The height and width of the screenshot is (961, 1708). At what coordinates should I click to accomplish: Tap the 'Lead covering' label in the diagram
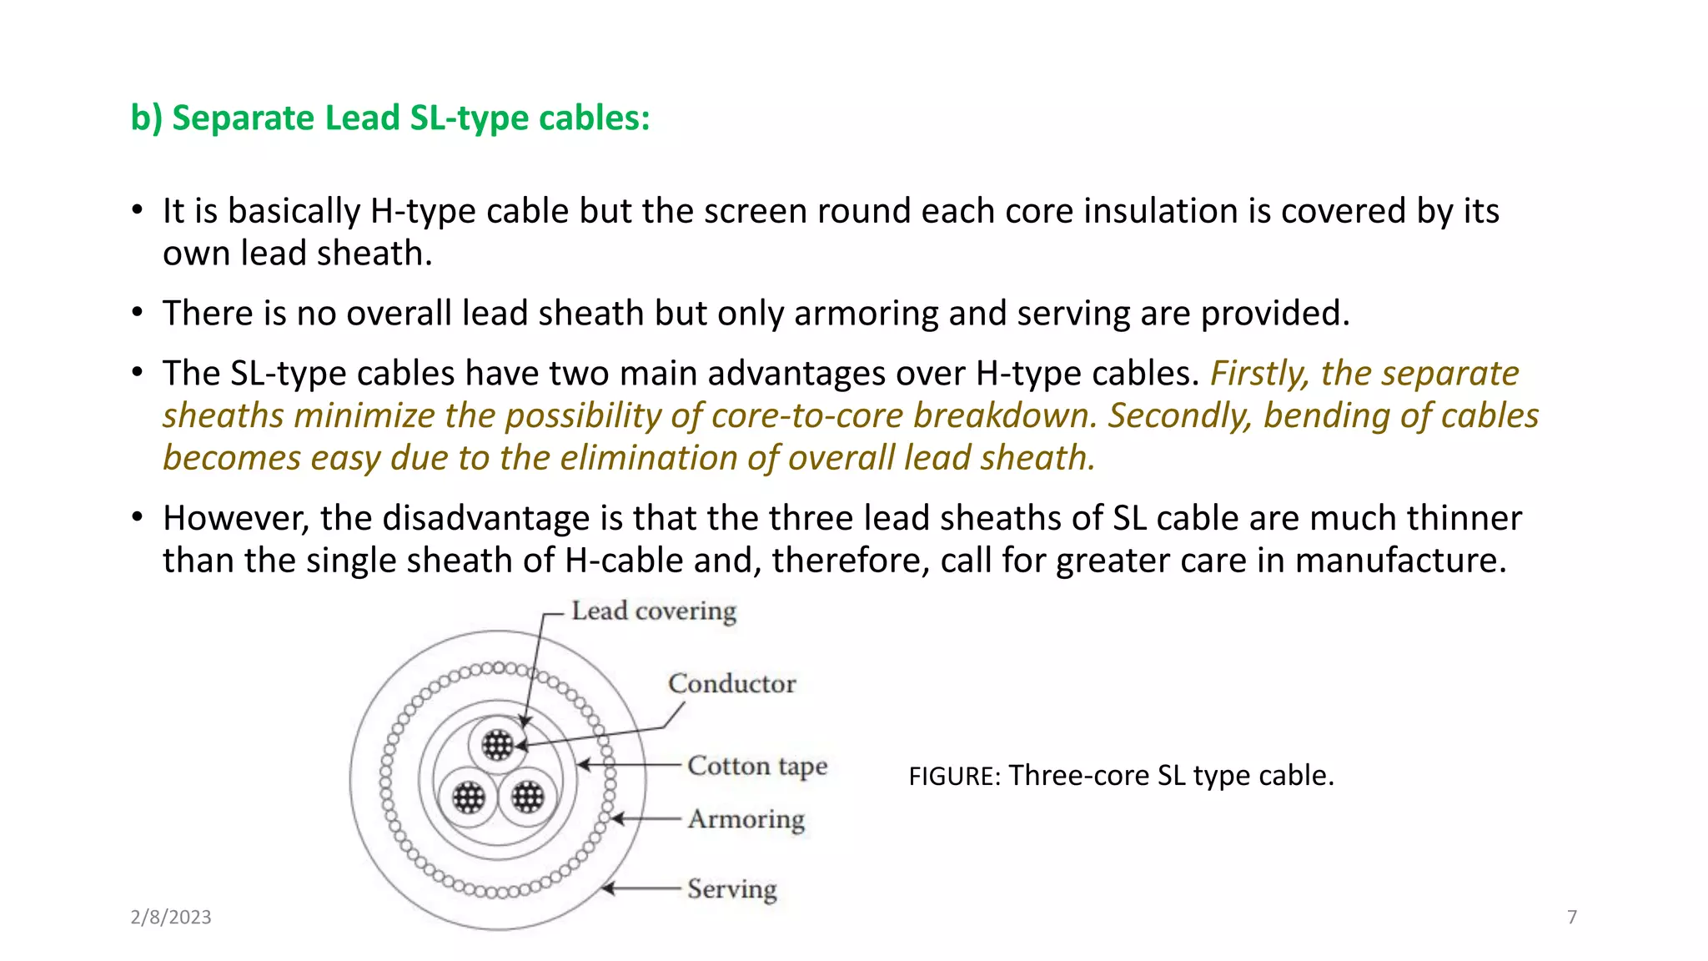654,611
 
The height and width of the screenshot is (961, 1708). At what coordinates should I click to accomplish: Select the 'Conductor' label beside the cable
731,684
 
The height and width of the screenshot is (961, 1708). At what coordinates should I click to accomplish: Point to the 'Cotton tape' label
756,766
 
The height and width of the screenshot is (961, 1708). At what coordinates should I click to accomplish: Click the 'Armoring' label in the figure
746,819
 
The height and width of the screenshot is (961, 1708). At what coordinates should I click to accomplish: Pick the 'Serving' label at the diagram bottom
731,889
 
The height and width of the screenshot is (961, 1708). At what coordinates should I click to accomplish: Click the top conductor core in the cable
498,745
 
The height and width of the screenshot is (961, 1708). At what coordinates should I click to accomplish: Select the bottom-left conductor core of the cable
468,797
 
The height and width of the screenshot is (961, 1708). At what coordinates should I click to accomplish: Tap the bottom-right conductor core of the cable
527,797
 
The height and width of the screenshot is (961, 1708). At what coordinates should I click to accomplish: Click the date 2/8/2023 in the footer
171,917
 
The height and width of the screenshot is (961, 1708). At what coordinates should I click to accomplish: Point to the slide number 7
1572,917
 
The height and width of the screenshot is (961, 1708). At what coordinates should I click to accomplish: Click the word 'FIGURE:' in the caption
954,777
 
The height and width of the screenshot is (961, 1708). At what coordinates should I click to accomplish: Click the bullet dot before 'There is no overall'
138,313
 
